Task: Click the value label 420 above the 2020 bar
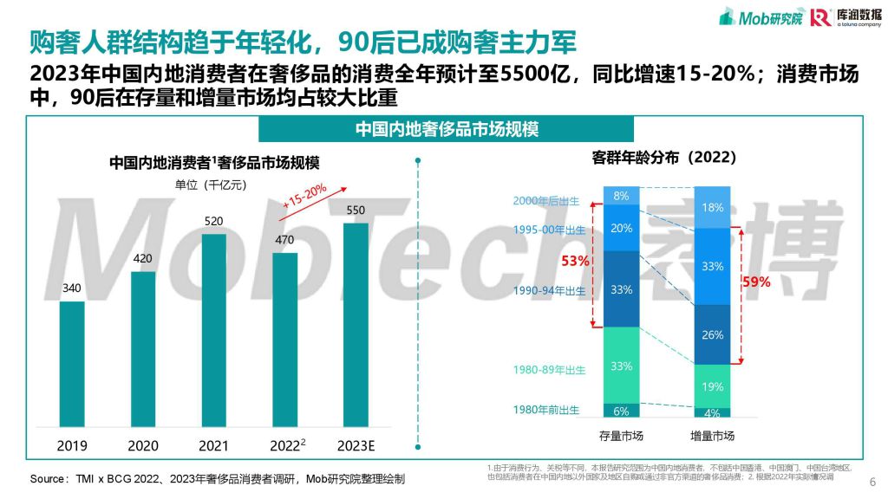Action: (x=143, y=258)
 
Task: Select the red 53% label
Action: (x=575, y=261)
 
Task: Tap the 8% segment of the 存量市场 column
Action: (x=621, y=196)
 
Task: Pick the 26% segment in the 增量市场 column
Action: (x=712, y=335)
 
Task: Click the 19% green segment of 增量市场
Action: (x=712, y=387)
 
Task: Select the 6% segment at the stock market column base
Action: (x=621, y=411)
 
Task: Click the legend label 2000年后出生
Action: (x=549, y=201)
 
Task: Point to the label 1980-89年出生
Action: (x=549, y=370)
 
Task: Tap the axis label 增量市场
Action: (x=712, y=435)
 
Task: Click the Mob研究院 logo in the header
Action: (x=758, y=17)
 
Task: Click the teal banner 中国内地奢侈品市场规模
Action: (x=447, y=129)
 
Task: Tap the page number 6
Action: (x=871, y=482)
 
